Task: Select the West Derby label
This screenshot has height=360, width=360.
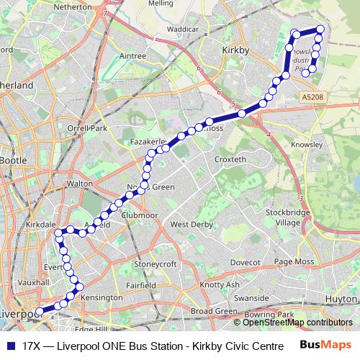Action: pyautogui.click(x=189, y=225)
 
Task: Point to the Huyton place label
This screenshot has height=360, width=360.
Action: pyautogui.click(x=340, y=297)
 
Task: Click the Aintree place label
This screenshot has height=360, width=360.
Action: pyautogui.click(x=132, y=55)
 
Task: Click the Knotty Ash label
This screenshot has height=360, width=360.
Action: pyautogui.click(x=220, y=285)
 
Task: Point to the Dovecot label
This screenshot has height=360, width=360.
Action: pyautogui.click(x=246, y=262)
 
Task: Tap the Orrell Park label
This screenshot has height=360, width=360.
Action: pyautogui.click(x=87, y=128)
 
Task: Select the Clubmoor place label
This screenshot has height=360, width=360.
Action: pyautogui.click(x=140, y=215)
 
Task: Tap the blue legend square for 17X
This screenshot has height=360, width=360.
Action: pyautogui.click(x=10, y=346)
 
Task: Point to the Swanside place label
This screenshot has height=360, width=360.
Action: pyautogui.click(x=251, y=297)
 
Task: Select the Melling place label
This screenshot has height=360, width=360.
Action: pyautogui.click(x=161, y=4)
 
